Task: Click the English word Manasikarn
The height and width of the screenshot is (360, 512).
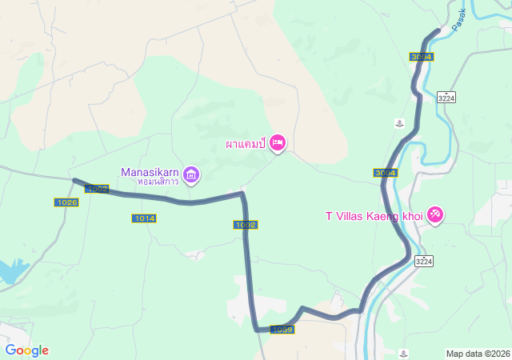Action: pyautogui.click(x=150, y=171)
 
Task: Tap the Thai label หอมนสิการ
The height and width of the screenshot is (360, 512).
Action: pyautogui.click(x=158, y=182)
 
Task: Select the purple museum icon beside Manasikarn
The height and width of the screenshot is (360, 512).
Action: pyautogui.click(x=191, y=174)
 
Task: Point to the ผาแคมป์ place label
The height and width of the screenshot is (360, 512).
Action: pyautogui.click(x=245, y=146)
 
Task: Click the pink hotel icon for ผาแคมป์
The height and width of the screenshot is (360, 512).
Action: pyautogui.click(x=278, y=142)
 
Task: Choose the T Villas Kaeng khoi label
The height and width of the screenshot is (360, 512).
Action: pyautogui.click(x=374, y=215)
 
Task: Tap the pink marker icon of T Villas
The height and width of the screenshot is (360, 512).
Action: pyautogui.click(x=435, y=214)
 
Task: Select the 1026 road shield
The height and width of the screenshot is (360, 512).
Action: pyautogui.click(x=67, y=203)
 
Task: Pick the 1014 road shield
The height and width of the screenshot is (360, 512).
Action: pyautogui.click(x=145, y=218)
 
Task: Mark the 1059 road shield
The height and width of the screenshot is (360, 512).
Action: pyautogui.click(x=282, y=330)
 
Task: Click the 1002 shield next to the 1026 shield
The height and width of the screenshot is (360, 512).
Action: pyautogui.click(x=98, y=189)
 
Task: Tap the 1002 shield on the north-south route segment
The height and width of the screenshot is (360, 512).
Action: pyautogui.click(x=246, y=225)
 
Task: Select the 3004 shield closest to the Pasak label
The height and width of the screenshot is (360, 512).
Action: pyautogui.click(x=421, y=57)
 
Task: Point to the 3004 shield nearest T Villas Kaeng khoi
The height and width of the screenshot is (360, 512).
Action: pyautogui.click(x=385, y=173)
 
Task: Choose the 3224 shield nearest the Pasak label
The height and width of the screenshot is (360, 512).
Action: pyautogui.click(x=446, y=98)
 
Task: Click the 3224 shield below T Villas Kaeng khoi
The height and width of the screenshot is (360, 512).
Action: pyautogui.click(x=424, y=261)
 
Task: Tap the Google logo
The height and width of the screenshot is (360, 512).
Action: pyautogui.click(x=26, y=350)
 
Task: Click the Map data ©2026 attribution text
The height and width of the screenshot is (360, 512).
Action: pyautogui.click(x=478, y=354)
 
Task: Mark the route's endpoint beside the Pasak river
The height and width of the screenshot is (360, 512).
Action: pyautogui.click(x=438, y=30)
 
